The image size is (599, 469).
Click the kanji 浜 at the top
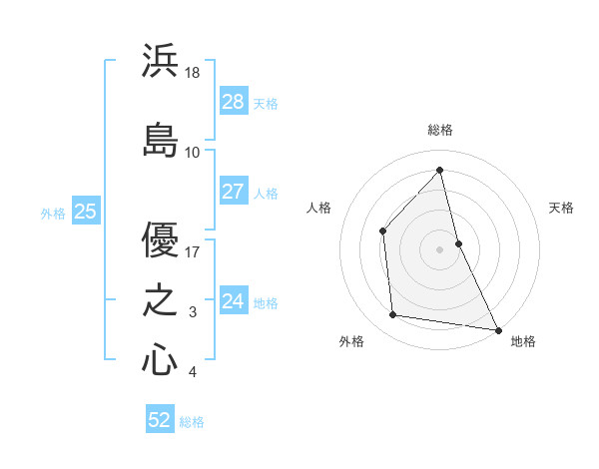pos(160,62)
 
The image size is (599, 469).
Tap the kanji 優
pos(160,238)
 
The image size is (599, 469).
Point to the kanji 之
pos(160,299)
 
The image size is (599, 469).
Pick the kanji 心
pos(160,358)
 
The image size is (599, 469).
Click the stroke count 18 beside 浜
pos(194,74)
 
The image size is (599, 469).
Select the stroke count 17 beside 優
pos(193,251)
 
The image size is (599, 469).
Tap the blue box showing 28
pos(233,102)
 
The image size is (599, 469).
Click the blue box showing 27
pos(233,192)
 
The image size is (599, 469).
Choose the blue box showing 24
pos(233,300)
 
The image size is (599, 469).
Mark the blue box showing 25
pos(85,212)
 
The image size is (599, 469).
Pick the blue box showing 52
pos(160,420)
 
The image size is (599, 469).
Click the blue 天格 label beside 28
pos(265,104)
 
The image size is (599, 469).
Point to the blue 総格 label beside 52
pos(192,422)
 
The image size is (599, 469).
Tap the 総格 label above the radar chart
pos(439,130)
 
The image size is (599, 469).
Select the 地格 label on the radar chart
pos(523,341)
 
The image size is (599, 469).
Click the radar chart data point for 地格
pos(497,329)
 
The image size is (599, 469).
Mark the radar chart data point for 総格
pos(439,170)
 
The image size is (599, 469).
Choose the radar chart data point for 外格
pos(393,315)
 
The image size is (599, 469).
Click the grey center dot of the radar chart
pos(439,248)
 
